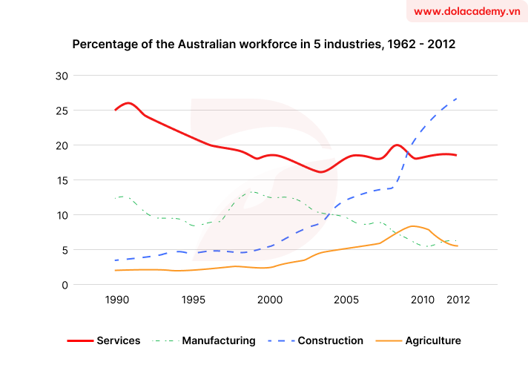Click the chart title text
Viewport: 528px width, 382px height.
[x=263, y=45]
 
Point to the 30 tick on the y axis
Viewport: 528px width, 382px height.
[x=62, y=76]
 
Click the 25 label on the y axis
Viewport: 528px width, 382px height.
[x=62, y=111]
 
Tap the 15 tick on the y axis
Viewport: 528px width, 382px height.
[x=62, y=180]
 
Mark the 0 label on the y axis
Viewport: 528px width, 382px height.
[x=65, y=285]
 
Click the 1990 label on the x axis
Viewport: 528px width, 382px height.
[x=116, y=300]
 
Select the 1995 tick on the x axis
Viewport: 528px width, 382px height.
[x=193, y=300]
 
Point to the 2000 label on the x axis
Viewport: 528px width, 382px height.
[x=270, y=300]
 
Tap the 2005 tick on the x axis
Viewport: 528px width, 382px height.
[x=346, y=300]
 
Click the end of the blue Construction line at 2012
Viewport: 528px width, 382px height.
[x=457, y=98]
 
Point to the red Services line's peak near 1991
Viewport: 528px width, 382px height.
[x=129, y=103]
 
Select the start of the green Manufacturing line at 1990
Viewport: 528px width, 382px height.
[x=116, y=198]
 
